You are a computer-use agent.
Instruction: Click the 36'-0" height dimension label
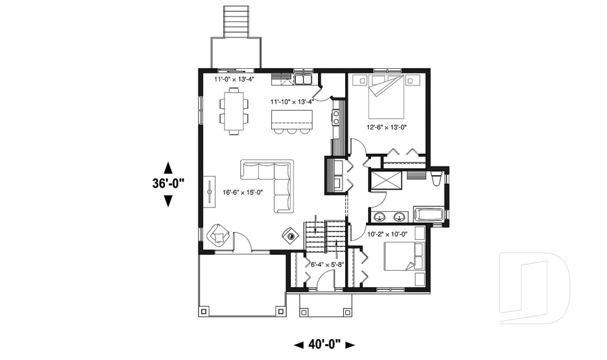pos(168,183)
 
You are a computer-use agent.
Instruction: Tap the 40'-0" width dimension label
pos(325,344)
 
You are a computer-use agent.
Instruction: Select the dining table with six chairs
pos(235,111)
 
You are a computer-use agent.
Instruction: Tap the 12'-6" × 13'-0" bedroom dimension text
pos(386,127)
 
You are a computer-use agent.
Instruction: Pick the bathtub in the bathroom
pos(429,214)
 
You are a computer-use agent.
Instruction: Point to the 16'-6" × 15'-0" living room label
pos(242,192)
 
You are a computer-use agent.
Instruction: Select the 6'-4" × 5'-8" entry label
pos(324,264)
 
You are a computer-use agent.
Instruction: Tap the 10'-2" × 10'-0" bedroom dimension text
pos(386,234)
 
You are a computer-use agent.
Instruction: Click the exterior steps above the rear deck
pos(237,22)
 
